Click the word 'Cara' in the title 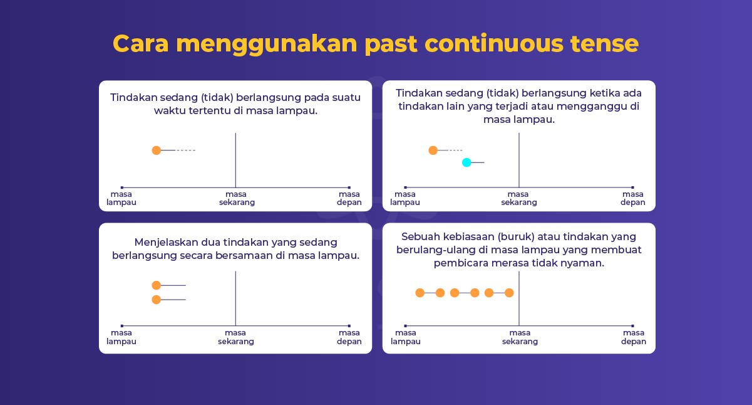point(140,44)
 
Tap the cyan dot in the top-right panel point(466,162)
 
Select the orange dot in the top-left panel point(157,150)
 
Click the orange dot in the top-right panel point(433,150)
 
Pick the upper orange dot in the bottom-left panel point(157,285)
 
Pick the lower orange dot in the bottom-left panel point(157,300)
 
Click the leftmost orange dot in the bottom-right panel point(420,293)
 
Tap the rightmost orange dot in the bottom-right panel point(509,293)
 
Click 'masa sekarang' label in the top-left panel point(237,198)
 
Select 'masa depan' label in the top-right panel point(632,198)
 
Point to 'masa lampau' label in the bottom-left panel point(121,337)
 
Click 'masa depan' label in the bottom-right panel point(634,337)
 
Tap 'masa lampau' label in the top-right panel point(405,198)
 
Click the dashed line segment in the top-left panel point(186,150)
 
